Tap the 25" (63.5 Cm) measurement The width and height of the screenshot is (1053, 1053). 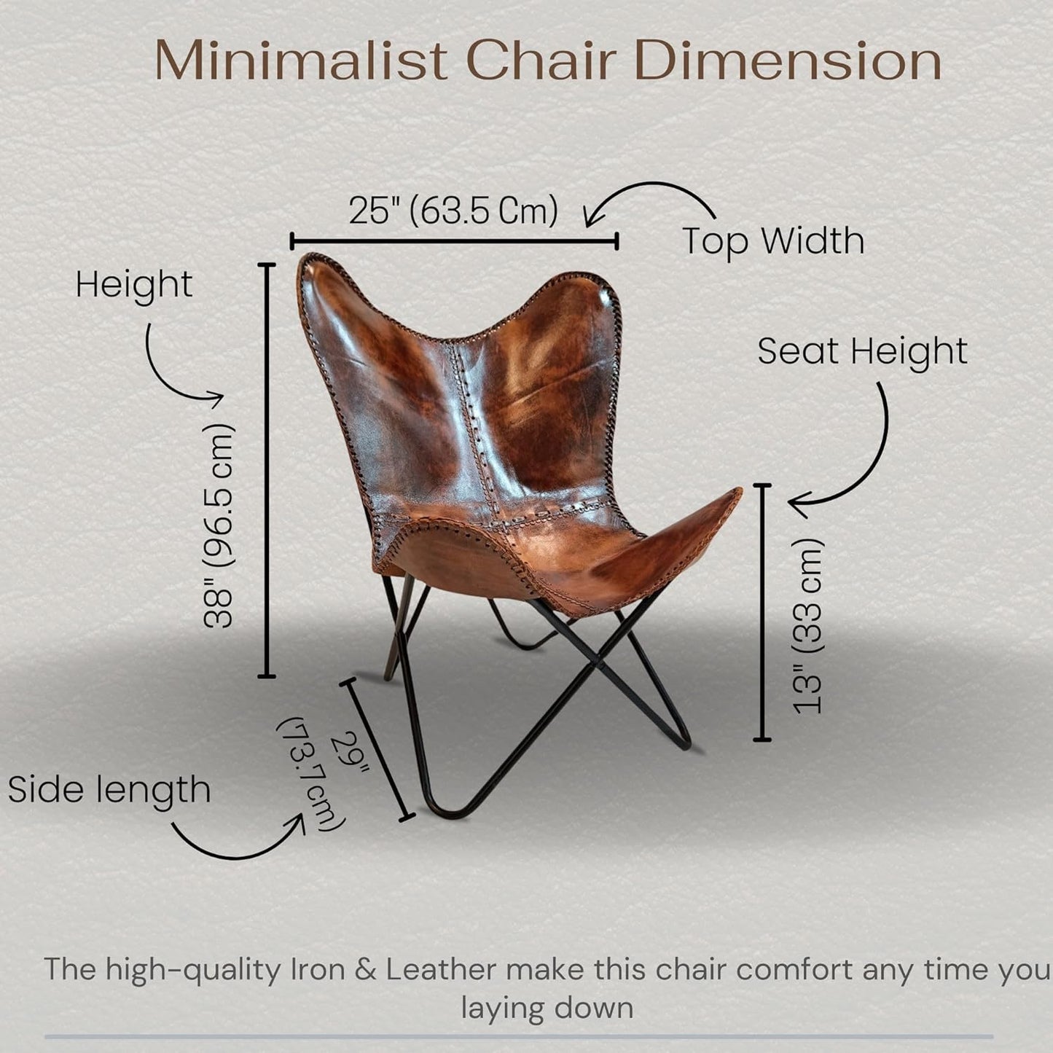tap(453, 211)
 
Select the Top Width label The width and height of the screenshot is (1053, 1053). tap(773, 240)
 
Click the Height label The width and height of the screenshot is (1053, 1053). tap(134, 284)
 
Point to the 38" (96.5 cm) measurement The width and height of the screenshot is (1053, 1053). tap(219, 525)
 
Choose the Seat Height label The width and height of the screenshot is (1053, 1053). tap(862, 351)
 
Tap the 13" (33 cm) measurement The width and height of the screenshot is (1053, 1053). tap(809, 627)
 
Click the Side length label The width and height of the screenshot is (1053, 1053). tap(109, 790)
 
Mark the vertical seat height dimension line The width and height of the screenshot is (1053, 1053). tap(762, 612)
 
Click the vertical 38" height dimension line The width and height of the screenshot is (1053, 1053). tap(267, 470)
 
